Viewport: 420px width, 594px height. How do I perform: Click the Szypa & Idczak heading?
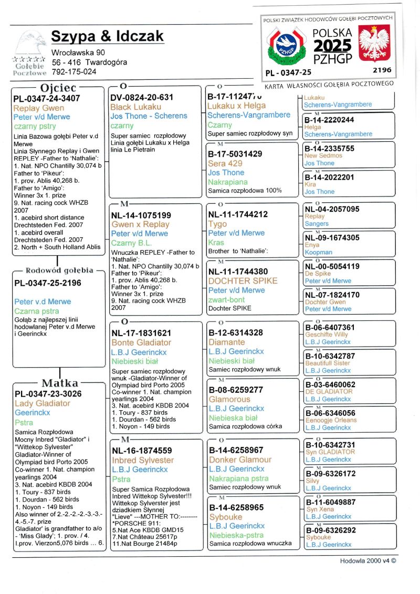tap(108, 36)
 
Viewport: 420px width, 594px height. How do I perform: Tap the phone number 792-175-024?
tap(74, 72)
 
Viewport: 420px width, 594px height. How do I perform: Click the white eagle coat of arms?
tap(373, 45)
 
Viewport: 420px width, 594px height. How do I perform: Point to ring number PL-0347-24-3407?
tap(47, 98)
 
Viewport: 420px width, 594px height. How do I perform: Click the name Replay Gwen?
tap(39, 108)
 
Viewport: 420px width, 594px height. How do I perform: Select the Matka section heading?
tap(60, 383)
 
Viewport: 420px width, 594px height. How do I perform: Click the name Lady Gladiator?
tap(43, 403)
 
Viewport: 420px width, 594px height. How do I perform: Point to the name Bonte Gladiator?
tap(141, 342)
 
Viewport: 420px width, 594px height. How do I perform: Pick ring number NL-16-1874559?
tap(142, 451)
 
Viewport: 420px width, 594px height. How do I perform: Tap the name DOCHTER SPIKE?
tap(243, 281)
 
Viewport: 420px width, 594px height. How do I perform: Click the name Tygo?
tap(217, 224)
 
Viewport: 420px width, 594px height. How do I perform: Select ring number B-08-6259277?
tap(236, 390)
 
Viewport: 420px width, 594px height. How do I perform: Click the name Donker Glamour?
tap(240, 460)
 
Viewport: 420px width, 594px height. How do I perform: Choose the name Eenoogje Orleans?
tap(331, 420)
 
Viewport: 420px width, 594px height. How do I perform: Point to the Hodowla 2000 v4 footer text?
tap(367, 560)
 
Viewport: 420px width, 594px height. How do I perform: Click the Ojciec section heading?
tap(58, 88)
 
